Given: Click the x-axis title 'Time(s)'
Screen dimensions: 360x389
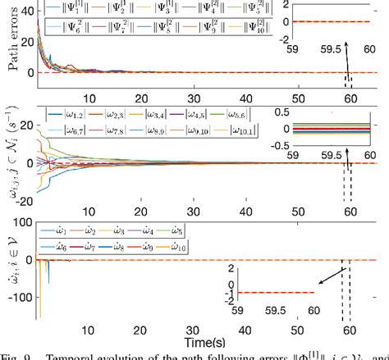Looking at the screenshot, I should pos(217,339).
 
